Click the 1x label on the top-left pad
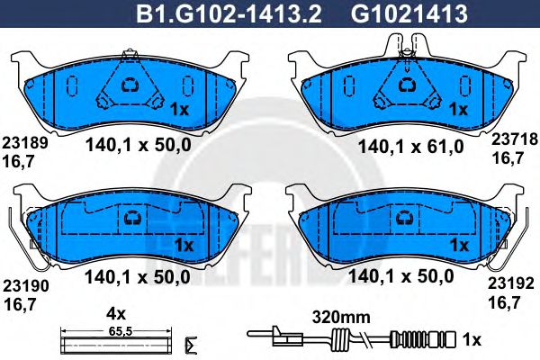coord(177,110)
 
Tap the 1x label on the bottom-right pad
coord(459,244)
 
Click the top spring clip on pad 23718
coord(407,45)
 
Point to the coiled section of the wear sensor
coord(340,340)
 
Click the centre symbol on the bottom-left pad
coord(134,217)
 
